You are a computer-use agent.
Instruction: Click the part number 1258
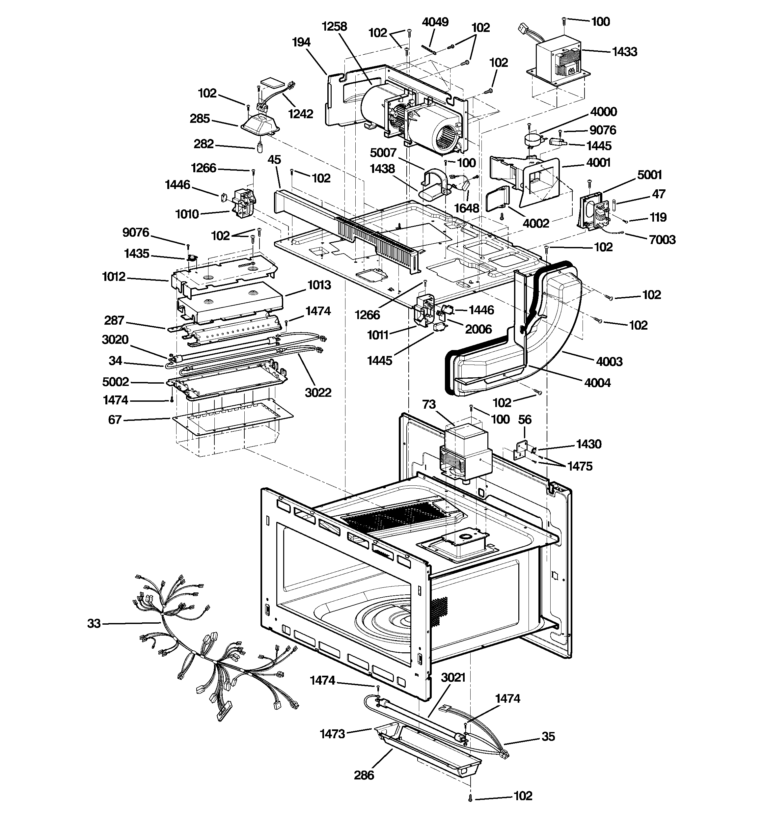(334, 27)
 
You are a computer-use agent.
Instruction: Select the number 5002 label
(115, 382)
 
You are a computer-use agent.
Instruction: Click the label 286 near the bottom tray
(364, 775)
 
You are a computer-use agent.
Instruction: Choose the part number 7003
(662, 239)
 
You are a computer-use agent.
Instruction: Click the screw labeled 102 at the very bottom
(470, 798)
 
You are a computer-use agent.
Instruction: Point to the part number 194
(301, 42)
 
